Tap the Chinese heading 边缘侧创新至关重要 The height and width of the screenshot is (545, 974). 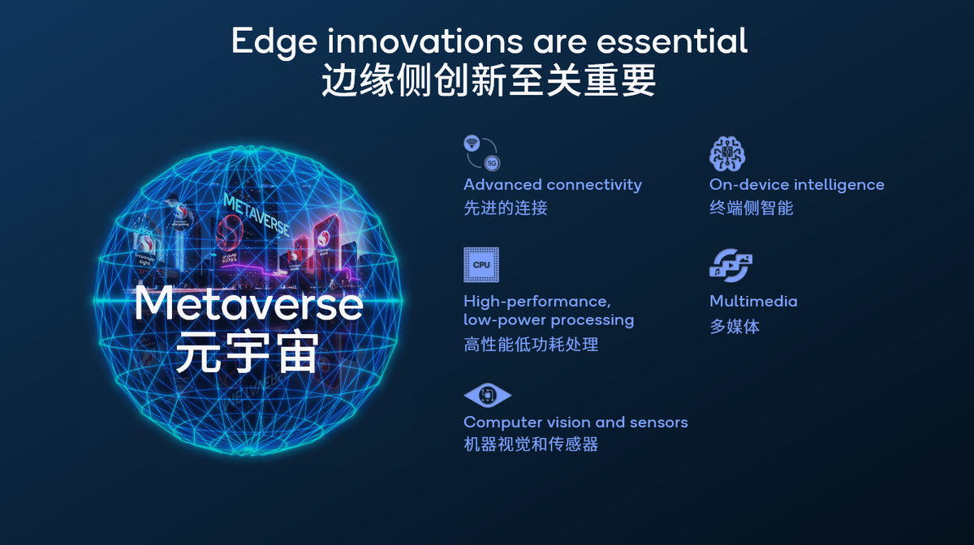tap(488, 81)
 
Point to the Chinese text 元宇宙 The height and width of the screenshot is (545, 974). tap(247, 353)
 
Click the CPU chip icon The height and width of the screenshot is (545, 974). tap(481, 264)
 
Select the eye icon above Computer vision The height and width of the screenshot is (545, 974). tap(487, 396)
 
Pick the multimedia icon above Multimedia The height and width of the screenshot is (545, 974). tap(730, 265)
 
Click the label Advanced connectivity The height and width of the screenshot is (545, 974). tap(552, 185)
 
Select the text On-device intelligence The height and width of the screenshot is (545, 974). tap(796, 185)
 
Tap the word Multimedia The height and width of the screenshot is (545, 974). tap(753, 301)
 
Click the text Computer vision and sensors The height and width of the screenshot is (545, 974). tap(575, 423)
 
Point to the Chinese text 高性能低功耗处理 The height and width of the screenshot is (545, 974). tap(531, 345)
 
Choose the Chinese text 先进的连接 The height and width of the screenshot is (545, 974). tap(505, 208)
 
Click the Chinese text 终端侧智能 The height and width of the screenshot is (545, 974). tap(751, 208)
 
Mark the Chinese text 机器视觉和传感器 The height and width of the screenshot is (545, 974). tap(531, 444)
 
